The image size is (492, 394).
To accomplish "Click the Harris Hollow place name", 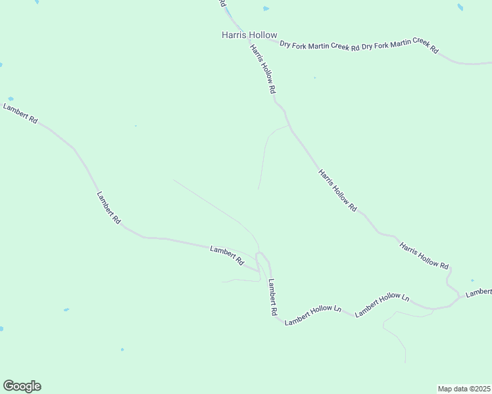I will tap(249, 35).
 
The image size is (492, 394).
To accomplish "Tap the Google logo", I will tap(22, 386).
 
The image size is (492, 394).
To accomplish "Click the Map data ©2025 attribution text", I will tap(464, 388).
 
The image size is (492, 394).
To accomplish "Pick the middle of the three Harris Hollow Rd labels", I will tap(337, 190).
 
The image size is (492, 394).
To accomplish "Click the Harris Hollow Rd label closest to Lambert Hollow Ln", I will tap(424, 256).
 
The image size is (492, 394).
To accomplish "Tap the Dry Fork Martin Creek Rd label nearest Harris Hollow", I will tap(319, 46).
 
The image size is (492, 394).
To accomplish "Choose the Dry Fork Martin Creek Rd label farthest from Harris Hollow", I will tap(400, 47).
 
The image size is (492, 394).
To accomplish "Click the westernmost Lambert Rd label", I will tap(21, 112).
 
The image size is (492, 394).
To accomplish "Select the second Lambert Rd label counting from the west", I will tap(109, 208).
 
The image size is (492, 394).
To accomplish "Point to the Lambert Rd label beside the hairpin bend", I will tap(227, 255).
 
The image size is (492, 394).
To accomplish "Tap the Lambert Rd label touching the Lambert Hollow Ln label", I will tap(272, 299).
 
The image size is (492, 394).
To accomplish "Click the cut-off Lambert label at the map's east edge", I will tap(479, 292).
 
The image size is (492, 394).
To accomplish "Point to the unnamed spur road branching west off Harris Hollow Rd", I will tap(266, 151).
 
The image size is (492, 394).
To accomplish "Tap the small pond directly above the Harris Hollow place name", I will tap(266, 9).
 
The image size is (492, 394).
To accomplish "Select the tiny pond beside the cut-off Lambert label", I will tap(472, 280).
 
